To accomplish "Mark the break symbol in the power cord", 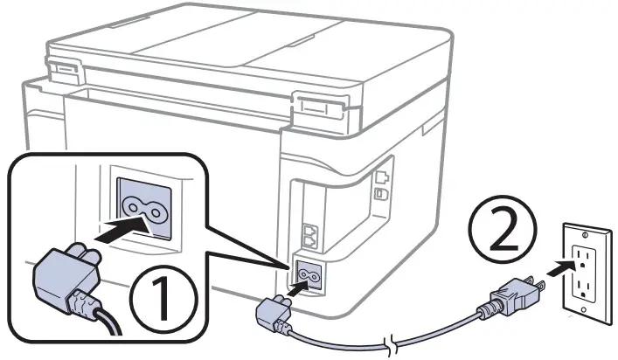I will (390, 343).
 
